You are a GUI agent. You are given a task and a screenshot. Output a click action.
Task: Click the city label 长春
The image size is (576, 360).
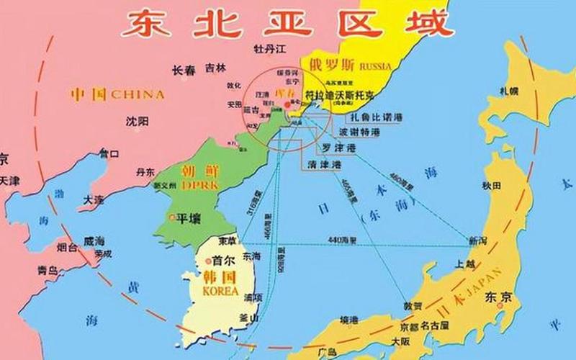[x=184, y=70]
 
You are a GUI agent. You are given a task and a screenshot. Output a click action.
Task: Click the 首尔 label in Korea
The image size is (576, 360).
[x=222, y=261]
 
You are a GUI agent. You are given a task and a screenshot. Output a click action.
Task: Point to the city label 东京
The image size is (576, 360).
[x=498, y=297]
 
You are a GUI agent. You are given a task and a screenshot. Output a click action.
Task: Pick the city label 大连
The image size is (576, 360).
[x=94, y=198]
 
